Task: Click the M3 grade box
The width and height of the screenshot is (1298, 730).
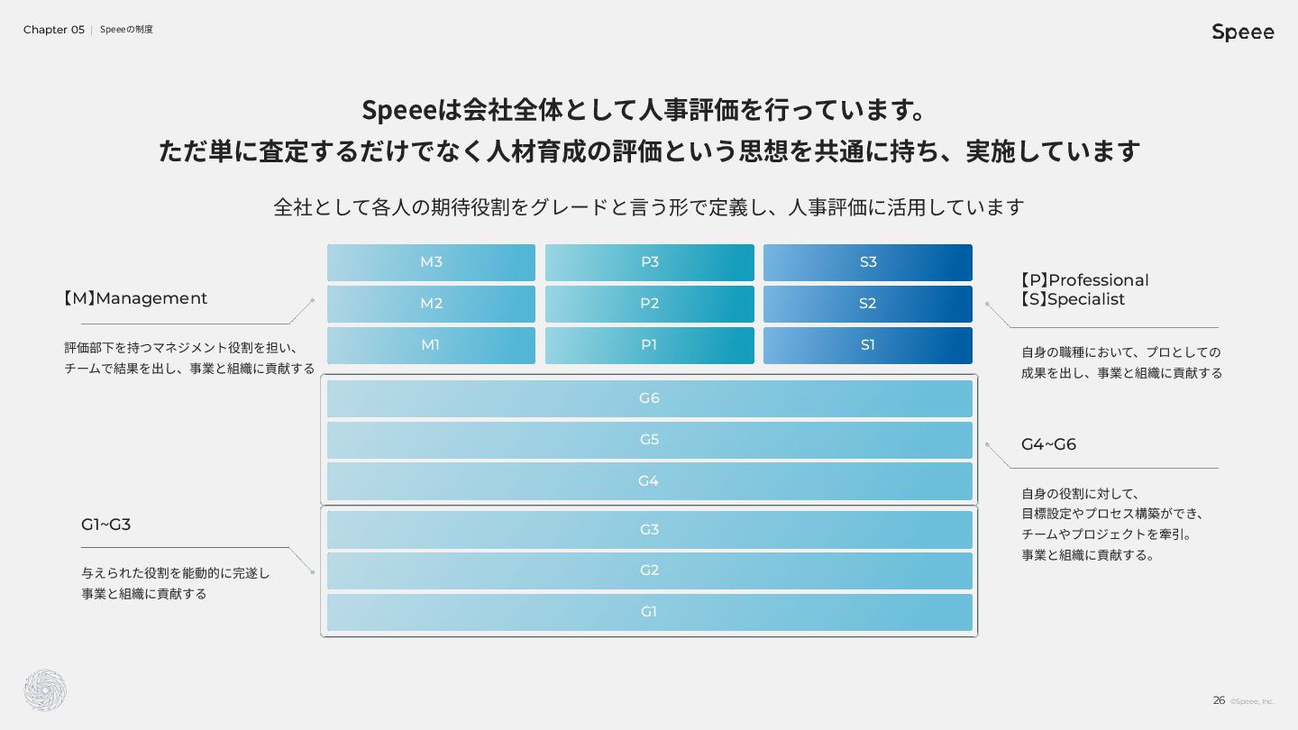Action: click(x=431, y=262)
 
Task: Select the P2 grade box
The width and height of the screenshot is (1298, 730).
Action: click(x=650, y=304)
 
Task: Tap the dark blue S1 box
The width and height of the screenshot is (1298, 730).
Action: click(x=867, y=345)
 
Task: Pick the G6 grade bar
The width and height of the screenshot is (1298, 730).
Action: click(x=650, y=398)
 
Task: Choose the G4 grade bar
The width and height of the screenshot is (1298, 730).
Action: click(x=650, y=481)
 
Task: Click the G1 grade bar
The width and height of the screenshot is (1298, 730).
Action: click(x=650, y=613)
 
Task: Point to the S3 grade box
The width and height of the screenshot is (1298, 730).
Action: click(x=867, y=262)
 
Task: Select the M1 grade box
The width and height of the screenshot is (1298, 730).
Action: click(x=431, y=345)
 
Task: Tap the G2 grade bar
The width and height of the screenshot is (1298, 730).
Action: click(x=650, y=570)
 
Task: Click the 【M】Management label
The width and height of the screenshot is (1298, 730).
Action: click(x=135, y=298)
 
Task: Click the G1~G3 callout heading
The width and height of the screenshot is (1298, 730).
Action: click(x=106, y=525)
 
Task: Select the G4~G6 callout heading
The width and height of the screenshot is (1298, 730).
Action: click(x=1048, y=444)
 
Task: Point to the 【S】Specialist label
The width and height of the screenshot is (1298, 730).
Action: click(x=1073, y=299)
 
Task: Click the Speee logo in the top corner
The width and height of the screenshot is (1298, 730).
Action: click(x=1243, y=32)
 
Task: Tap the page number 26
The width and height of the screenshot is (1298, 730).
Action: click(x=1219, y=700)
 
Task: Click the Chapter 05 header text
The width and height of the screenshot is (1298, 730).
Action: click(x=54, y=30)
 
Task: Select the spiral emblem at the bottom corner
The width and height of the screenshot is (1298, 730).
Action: click(x=45, y=690)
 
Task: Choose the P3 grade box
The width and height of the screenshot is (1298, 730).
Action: click(x=650, y=262)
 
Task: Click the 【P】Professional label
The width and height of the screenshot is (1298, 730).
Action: click(x=1084, y=280)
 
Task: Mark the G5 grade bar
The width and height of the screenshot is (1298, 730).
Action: click(x=650, y=441)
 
